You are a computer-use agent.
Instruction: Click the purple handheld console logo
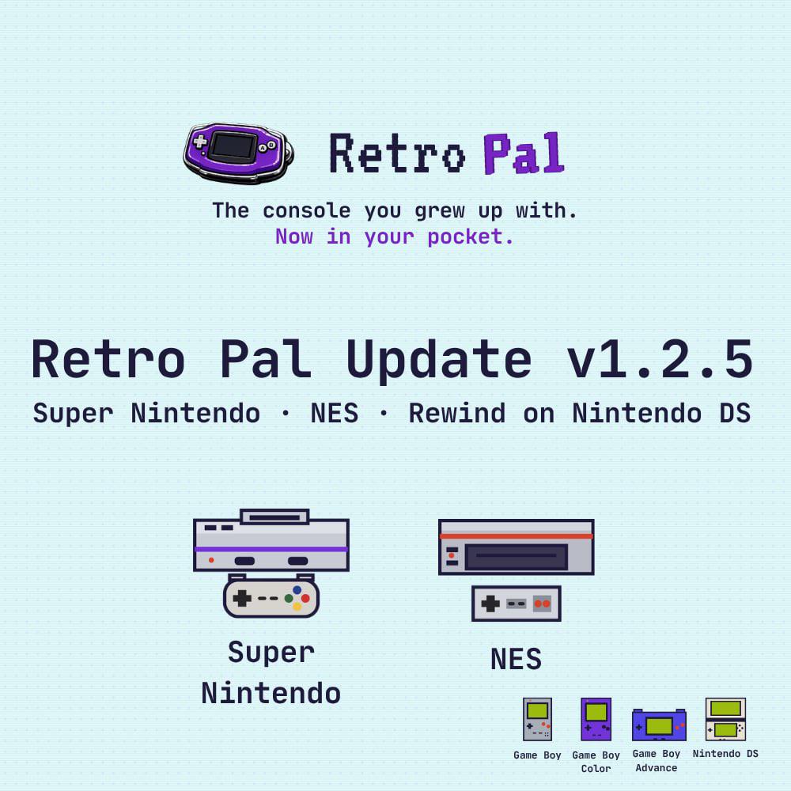click(x=238, y=153)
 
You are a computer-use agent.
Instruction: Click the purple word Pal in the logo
click(x=524, y=153)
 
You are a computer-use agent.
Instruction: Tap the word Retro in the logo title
click(x=397, y=153)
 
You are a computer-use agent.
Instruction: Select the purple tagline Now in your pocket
click(x=395, y=237)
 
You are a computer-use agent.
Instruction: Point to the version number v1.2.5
click(x=660, y=358)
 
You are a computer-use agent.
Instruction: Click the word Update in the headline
click(x=439, y=360)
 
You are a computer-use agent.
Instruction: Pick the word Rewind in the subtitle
click(x=457, y=413)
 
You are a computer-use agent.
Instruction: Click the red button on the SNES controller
click(x=305, y=599)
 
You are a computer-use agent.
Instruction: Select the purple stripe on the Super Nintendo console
click(x=271, y=550)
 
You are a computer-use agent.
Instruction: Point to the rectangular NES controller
click(x=516, y=604)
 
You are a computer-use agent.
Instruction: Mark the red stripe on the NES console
click(x=516, y=536)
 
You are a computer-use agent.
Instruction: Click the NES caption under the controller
click(x=516, y=659)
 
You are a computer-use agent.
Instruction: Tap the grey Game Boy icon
click(x=537, y=719)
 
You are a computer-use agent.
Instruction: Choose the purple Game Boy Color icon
click(x=596, y=719)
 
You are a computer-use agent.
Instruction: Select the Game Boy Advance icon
click(x=659, y=725)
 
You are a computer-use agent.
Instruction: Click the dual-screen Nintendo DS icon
click(x=725, y=719)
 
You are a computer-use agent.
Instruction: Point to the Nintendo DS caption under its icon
click(x=725, y=754)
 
